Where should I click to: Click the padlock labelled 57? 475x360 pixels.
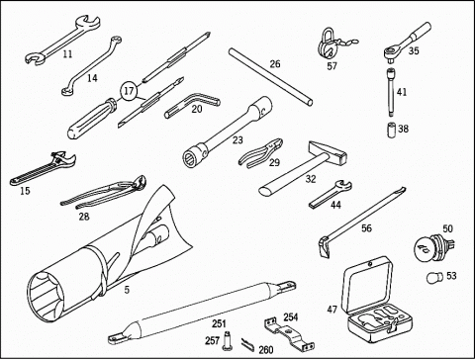point(328,45)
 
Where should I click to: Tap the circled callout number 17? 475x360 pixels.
point(129,90)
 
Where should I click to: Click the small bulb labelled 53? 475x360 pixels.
point(433,277)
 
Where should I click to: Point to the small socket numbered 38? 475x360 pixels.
point(392,129)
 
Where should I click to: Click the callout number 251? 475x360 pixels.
point(219,323)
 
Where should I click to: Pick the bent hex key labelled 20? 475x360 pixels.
point(192,105)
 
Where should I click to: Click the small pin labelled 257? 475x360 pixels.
point(227,340)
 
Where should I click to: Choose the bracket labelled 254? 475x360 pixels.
point(289,333)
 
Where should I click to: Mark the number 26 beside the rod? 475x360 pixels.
point(275,63)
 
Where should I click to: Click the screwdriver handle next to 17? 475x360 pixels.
point(91,117)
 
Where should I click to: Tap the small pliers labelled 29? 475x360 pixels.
point(260,153)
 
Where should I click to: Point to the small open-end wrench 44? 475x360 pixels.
point(331,194)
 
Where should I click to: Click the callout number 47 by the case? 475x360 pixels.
point(332,310)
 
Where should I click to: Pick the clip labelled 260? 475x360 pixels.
point(247,345)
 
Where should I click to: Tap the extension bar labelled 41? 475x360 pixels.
point(391,92)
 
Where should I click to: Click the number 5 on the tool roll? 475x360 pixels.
point(127,290)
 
